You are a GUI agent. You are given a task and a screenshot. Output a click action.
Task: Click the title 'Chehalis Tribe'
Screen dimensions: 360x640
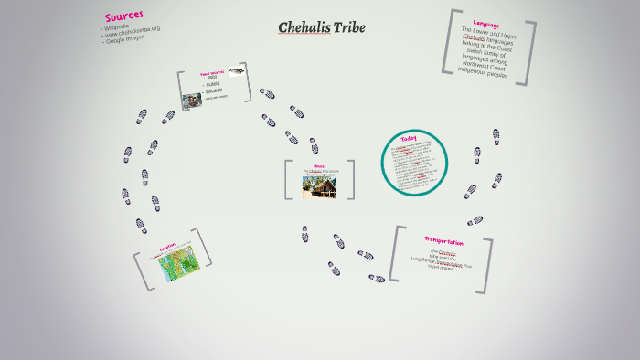pos(321,27)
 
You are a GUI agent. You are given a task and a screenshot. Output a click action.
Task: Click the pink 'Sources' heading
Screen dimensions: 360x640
pos(123,16)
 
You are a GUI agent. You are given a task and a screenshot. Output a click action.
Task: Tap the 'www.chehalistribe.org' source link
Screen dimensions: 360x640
pos(133,34)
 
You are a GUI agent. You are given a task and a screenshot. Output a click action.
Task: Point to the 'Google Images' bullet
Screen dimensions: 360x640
pos(125,41)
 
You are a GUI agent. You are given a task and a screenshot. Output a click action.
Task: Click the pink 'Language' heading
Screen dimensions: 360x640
pos(486,23)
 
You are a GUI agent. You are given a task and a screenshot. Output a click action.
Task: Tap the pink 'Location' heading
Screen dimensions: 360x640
pos(166,247)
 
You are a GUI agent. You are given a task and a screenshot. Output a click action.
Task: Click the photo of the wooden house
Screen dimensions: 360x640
pos(319,187)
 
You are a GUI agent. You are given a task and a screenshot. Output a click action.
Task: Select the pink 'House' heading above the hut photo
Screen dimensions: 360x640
pos(319,166)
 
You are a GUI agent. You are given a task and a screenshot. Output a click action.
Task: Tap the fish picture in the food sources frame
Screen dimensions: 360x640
pos(236,70)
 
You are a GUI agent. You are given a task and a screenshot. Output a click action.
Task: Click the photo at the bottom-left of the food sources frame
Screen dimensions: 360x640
pos(192,101)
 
